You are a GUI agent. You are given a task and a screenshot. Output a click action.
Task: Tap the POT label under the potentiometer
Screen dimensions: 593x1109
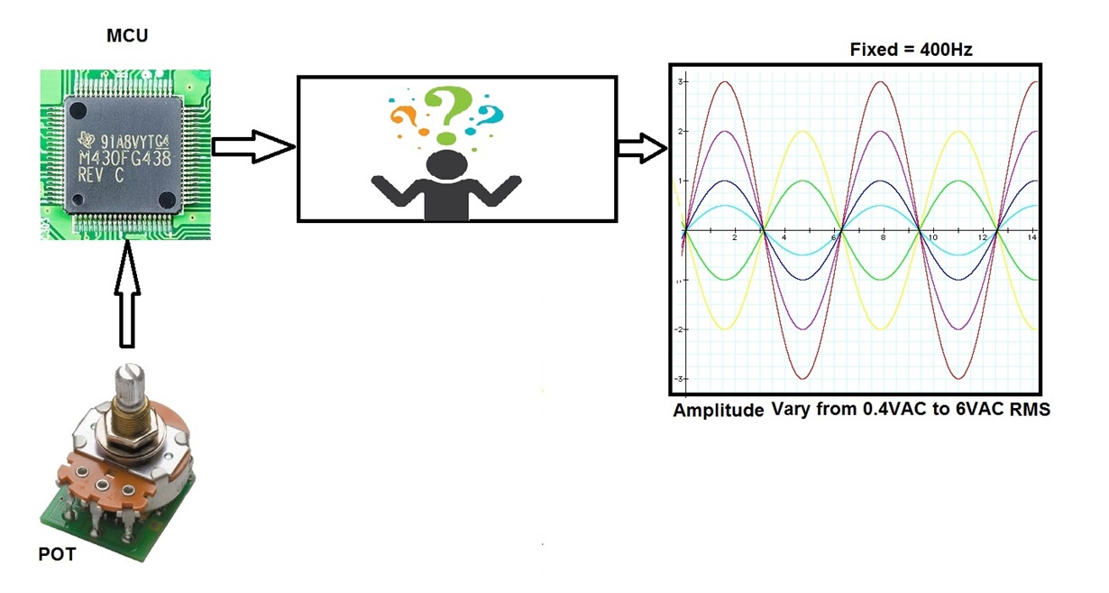[x=58, y=554]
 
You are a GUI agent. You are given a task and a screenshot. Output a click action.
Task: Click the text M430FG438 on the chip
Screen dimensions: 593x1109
[x=125, y=156]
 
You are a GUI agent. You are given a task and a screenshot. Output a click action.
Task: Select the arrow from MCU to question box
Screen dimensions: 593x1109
[x=253, y=147]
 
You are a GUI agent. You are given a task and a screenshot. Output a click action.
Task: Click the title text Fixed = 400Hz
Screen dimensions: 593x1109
[x=911, y=50]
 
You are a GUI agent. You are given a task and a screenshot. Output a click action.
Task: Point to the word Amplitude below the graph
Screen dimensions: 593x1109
[x=719, y=409]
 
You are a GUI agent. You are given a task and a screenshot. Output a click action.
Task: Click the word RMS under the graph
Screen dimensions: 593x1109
[x=1031, y=409]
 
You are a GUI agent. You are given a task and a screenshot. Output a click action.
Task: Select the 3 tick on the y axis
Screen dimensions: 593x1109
[x=683, y=82]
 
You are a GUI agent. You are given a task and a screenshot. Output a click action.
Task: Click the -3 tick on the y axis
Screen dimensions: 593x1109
[x=681, y=378]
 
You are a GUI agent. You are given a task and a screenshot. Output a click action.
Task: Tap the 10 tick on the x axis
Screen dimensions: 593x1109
[x=934, y=236]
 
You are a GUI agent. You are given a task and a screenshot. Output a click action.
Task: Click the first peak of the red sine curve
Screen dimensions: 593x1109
[x=723, y=82]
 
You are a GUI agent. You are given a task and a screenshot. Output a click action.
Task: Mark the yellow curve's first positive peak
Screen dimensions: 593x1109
[x=803, y=132]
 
